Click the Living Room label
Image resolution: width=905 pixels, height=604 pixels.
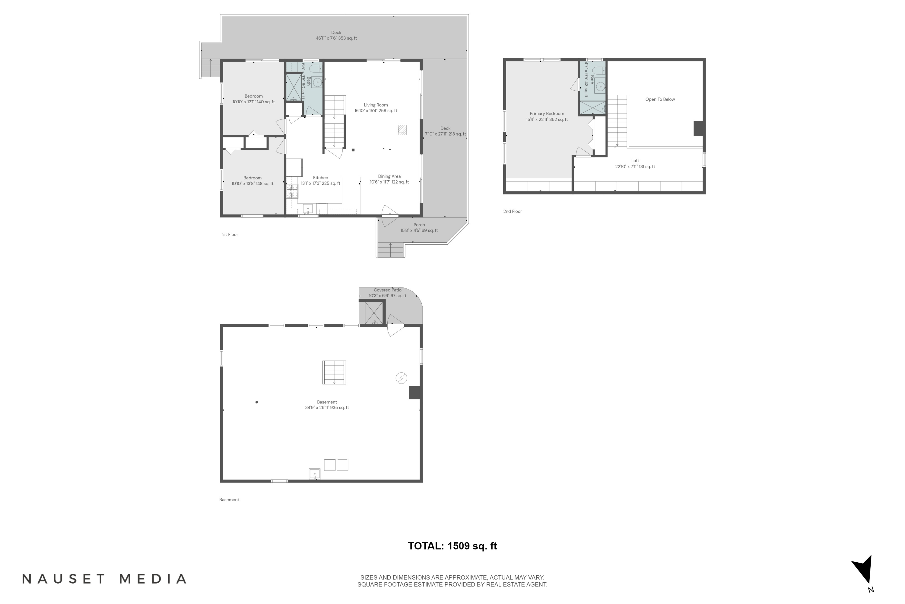376,108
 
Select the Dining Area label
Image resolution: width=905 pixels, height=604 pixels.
389,179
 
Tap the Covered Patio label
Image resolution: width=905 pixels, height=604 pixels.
387,293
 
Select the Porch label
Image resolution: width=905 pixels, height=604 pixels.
419,228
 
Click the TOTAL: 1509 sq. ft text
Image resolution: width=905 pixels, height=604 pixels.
452,546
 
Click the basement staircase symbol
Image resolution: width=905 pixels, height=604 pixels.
334,372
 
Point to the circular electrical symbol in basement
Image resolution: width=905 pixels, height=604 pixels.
401,378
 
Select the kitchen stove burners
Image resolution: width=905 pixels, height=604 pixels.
292,191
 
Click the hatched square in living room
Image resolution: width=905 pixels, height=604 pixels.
402,130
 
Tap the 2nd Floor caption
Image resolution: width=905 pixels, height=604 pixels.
512,211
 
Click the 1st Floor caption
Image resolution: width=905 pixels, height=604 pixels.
230,235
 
